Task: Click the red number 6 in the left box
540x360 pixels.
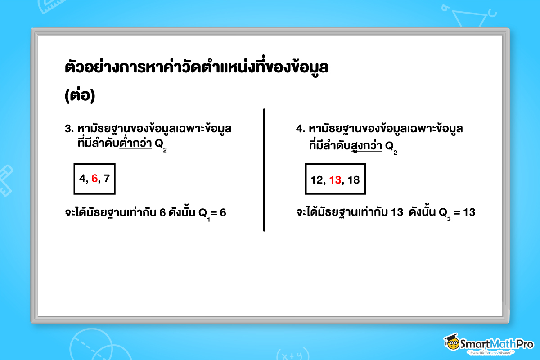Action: (94, 179)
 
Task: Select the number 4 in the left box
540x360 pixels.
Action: (82, 179)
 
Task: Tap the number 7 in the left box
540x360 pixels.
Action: (107, 179)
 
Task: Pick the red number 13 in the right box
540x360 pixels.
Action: (335, 180)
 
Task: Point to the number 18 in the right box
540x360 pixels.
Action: (354, 180)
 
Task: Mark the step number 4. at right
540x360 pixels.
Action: (301, 129)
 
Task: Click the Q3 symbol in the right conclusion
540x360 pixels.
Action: (445, 213)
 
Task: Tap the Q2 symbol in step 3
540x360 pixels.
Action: (160, 145)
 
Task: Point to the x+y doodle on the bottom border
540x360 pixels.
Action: (288, 354)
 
